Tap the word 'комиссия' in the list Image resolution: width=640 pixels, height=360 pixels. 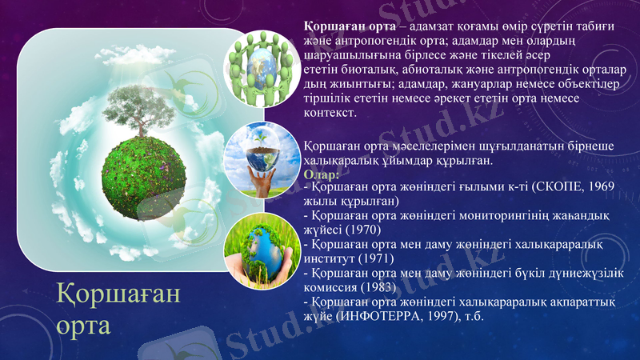point(331,287)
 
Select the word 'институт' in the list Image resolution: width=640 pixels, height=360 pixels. point(330,258)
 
